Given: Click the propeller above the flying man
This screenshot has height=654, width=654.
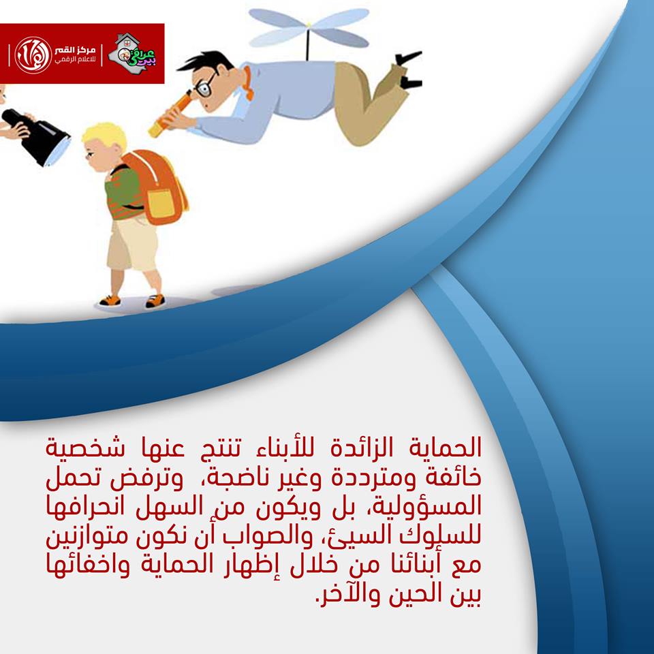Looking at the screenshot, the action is pos(309,27).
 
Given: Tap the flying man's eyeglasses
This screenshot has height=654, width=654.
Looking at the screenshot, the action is pos(205,87).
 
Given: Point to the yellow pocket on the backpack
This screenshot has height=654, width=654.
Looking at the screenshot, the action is pos(161,204).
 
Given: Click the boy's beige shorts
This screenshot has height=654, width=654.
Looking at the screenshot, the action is pos(131,244).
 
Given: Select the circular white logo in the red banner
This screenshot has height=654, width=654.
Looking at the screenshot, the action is pos(33,55).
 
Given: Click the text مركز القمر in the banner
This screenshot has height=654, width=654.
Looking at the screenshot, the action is pos(75,50).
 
